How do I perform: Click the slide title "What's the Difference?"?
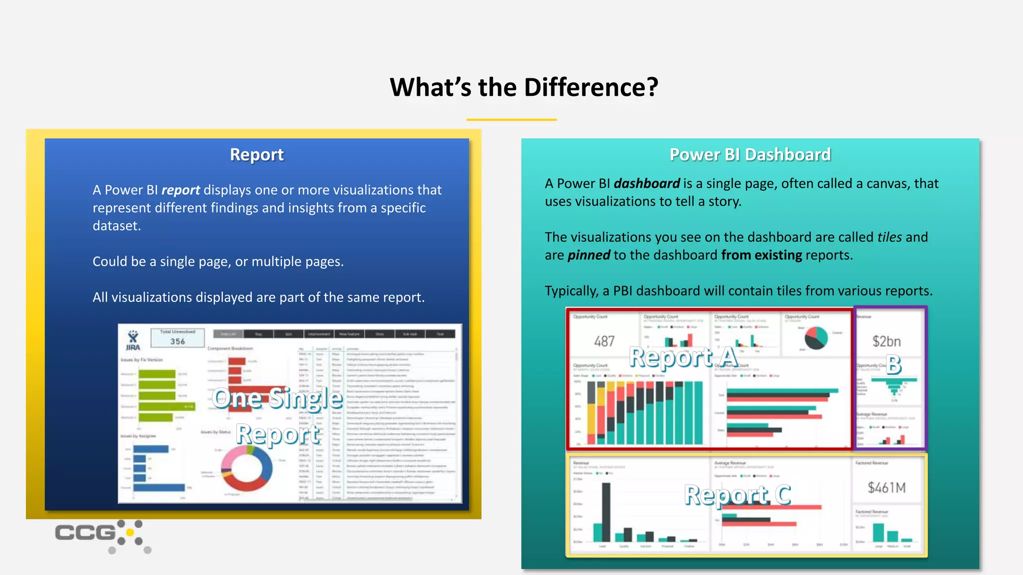(523, 87)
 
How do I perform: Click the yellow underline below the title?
(511, 120)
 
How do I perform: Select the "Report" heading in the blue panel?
(257, 155)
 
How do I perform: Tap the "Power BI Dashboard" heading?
(750, 155)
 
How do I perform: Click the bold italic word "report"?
(180, 190)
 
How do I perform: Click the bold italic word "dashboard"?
(646, 184)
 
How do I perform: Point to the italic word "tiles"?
(889, 237)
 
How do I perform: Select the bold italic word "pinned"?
(588, 255)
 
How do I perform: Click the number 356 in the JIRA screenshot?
(177, 341)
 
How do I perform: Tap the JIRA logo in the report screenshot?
(133, 340)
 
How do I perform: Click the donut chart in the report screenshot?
(246, 469)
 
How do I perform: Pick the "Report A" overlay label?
(683, 357)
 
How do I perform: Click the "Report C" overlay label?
(737, 495)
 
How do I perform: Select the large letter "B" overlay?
(893, 364)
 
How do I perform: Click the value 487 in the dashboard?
(604, 341)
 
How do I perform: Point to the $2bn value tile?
(887, 341)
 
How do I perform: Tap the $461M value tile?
(886, 488)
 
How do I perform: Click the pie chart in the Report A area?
(816, 338)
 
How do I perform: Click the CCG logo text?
(85, 533)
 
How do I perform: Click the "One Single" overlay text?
(277, 398)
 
